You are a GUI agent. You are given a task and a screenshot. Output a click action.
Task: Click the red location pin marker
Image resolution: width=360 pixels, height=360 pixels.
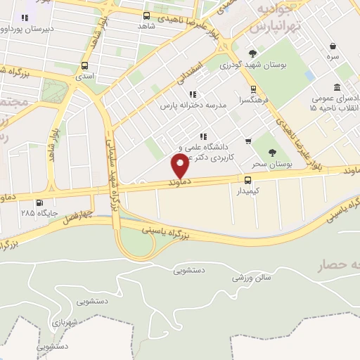point(180,167)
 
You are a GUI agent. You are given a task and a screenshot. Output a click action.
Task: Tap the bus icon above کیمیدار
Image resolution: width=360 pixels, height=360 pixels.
point(247,181)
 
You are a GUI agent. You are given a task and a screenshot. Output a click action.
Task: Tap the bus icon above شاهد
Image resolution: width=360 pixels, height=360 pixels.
point(146,15)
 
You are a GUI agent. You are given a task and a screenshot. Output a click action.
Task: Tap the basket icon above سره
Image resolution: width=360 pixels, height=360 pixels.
point(332,46)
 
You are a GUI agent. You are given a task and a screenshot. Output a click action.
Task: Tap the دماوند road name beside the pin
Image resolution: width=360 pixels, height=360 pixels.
point(179,182)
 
